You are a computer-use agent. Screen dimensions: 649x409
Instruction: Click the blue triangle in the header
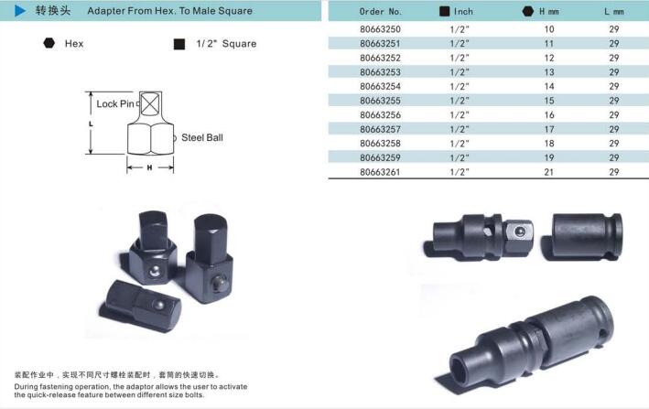pyautogui.click(x=20, y=11)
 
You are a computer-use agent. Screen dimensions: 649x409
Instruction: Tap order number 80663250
pyautogui.click(x=380, y=29)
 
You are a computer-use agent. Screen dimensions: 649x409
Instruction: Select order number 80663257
pyautogui.click(x=380, y=129)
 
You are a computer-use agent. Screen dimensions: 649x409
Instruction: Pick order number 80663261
pyautogui.click(x=380, y=172)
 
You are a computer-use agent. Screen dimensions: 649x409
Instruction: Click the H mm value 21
pyautogui.click(x=549, y=172)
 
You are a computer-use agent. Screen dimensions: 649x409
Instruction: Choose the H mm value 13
pyautogui.click(x=549, y=72)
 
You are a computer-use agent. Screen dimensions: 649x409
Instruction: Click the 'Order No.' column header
pyautogui.click(x=381, y=12)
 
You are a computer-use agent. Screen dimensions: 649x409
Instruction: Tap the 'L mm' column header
pyautogui.click(x=614, y=12)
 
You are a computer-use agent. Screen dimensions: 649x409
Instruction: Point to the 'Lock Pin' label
pyautogui.click(x=115, y=103)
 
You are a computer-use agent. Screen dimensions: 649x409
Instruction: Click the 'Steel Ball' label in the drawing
pyautogui.click(x=202, y=138)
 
